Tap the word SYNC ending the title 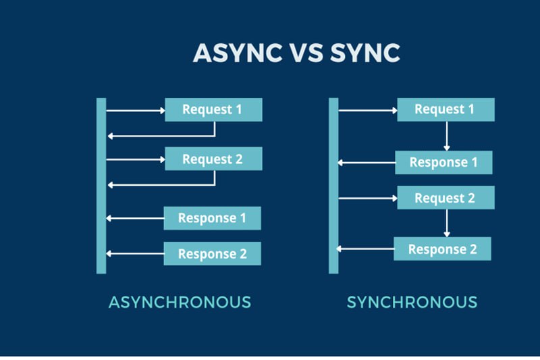365,53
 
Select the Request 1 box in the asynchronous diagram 213,109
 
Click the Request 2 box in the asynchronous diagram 213,159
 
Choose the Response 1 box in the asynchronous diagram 212,218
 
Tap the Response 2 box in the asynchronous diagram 212,253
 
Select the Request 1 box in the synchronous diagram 446,109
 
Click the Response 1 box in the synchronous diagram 443,162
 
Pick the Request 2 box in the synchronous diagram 446,198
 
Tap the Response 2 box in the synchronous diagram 443,249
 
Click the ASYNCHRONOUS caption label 180,302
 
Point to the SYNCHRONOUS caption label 412,302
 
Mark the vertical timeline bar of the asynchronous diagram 101,186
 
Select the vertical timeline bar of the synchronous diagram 333,186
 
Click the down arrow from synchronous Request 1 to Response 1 447,136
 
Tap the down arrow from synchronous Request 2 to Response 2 447,224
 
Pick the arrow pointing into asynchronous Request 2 136,159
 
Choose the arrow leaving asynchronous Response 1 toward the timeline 135,218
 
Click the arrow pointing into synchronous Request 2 368,198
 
